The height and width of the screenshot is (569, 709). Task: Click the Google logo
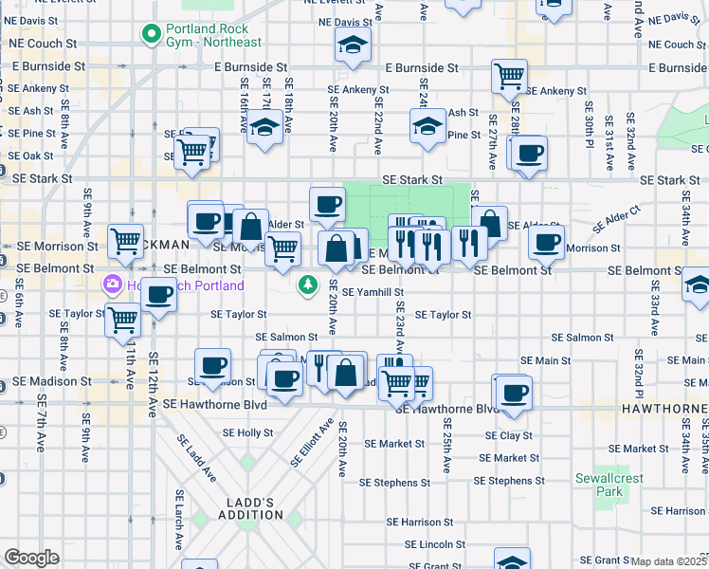coord(31,558)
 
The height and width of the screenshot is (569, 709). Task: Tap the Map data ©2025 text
coord(668,561)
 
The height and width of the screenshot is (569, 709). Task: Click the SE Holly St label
coord(247,432)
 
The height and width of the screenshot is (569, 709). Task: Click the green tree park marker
coord(308,284)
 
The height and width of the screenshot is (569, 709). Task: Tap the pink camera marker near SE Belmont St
coord(112,284)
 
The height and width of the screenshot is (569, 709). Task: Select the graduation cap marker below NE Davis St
coord(354,46)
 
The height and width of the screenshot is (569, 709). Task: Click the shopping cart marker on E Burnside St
coord(509,75)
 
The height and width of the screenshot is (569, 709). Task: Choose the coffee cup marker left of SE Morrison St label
coord(545,243)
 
